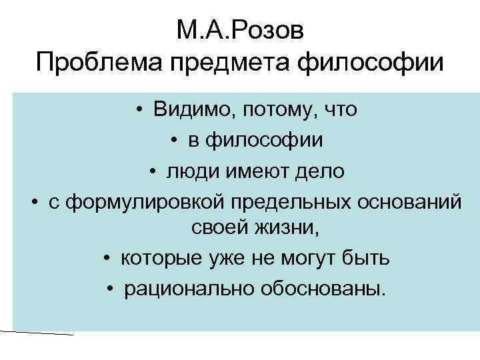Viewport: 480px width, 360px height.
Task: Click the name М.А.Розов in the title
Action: pyautogui.click(x=239, y=31)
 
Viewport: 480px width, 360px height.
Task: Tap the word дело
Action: pyautogui.click(x=319, y=171)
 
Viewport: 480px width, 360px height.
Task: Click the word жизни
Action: pyautogui.click(x=287, y=228)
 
